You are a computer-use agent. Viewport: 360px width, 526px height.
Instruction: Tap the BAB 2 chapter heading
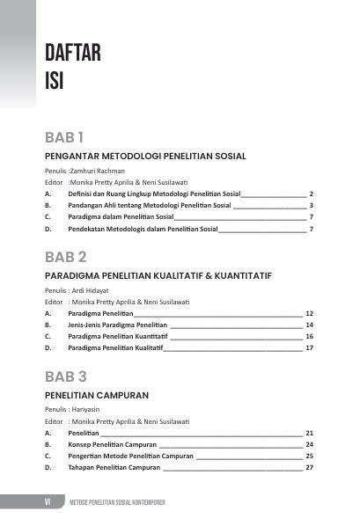point(66,258)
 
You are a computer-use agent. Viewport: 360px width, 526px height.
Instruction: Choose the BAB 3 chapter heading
point(66,377)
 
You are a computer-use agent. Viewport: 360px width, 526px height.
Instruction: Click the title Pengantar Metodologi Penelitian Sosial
point(144,156)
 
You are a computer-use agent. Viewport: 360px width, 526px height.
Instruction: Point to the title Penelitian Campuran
point(96,395)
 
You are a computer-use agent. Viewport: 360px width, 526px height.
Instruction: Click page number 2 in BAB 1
point(312,193)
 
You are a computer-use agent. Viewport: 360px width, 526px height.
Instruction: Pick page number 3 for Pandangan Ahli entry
point(312,205)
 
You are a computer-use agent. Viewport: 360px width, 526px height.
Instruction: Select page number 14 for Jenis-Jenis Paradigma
point(309,325)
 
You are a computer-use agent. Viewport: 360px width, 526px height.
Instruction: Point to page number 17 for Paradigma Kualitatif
point(309,348)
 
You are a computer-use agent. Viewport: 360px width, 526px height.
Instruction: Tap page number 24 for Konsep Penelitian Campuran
point(309,444)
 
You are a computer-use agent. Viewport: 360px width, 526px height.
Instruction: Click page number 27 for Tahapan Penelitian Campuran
point(309,468)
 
